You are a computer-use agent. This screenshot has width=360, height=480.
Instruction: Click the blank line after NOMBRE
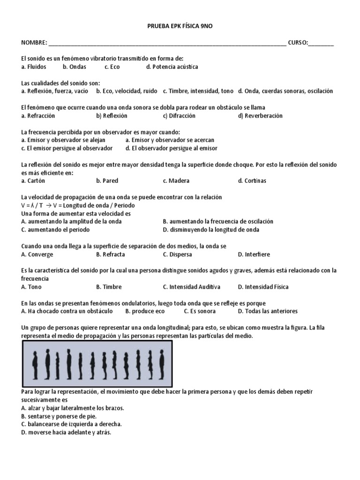point(167,44)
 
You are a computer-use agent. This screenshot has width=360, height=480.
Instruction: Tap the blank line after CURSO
point(321,44)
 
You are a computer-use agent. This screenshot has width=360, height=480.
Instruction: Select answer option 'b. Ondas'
point(74,67)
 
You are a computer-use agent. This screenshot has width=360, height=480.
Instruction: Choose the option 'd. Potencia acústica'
point(172,67)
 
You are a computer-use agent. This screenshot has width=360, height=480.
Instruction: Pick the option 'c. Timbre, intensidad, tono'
point(198,91)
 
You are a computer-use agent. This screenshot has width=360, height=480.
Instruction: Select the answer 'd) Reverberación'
point(260,116)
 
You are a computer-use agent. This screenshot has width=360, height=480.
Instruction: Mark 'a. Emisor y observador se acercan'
point(170,140)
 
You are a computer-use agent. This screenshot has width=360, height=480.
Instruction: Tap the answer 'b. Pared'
point(107,181)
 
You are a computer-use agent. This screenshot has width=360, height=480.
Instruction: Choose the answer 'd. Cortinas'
point(252,181)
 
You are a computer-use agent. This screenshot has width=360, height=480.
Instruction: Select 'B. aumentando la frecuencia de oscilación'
point(218,221)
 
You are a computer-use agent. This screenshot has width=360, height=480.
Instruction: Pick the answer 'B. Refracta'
point(111,255)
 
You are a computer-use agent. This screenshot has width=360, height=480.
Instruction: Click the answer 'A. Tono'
point(31,287)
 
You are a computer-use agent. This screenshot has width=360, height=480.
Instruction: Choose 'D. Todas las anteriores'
point(268,311)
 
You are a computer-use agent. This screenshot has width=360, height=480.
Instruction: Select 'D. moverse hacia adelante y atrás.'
point(66,432)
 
